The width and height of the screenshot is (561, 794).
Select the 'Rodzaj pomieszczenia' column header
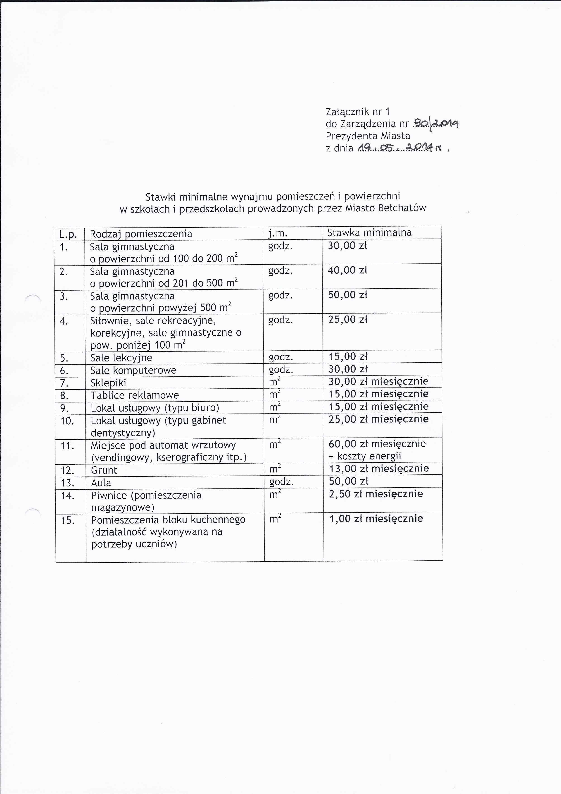[x=141, y=234]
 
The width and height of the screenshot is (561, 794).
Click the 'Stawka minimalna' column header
[x=369, y=232]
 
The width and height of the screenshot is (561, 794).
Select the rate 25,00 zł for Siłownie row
[x=347, y=320]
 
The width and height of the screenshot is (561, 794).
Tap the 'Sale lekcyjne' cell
[x=121, y=358]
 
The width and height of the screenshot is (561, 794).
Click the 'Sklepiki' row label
[x=108, y=383]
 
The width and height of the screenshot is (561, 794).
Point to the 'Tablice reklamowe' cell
[x=134, y=395]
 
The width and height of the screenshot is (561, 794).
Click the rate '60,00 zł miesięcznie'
[x=377, y=444]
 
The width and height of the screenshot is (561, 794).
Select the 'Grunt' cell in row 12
[x=104, y=470]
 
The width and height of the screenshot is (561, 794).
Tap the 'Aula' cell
[x=101, y=483]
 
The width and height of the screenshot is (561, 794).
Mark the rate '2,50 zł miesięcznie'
[x=376, y=494]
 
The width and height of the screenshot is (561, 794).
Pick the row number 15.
[x=67, y=520]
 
